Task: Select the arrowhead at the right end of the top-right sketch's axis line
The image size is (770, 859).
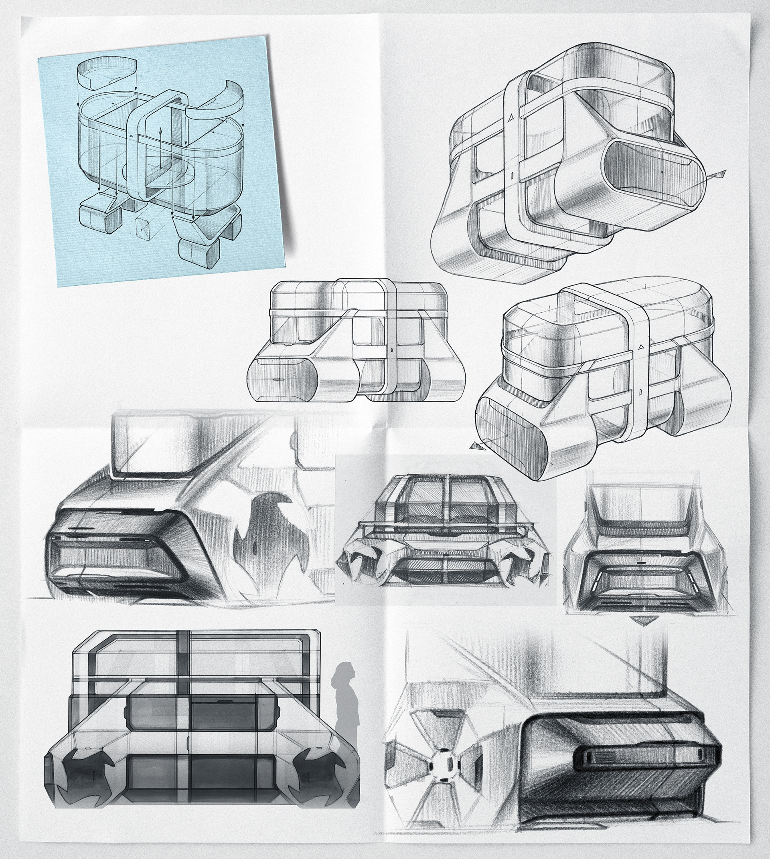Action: pos(723,173)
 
